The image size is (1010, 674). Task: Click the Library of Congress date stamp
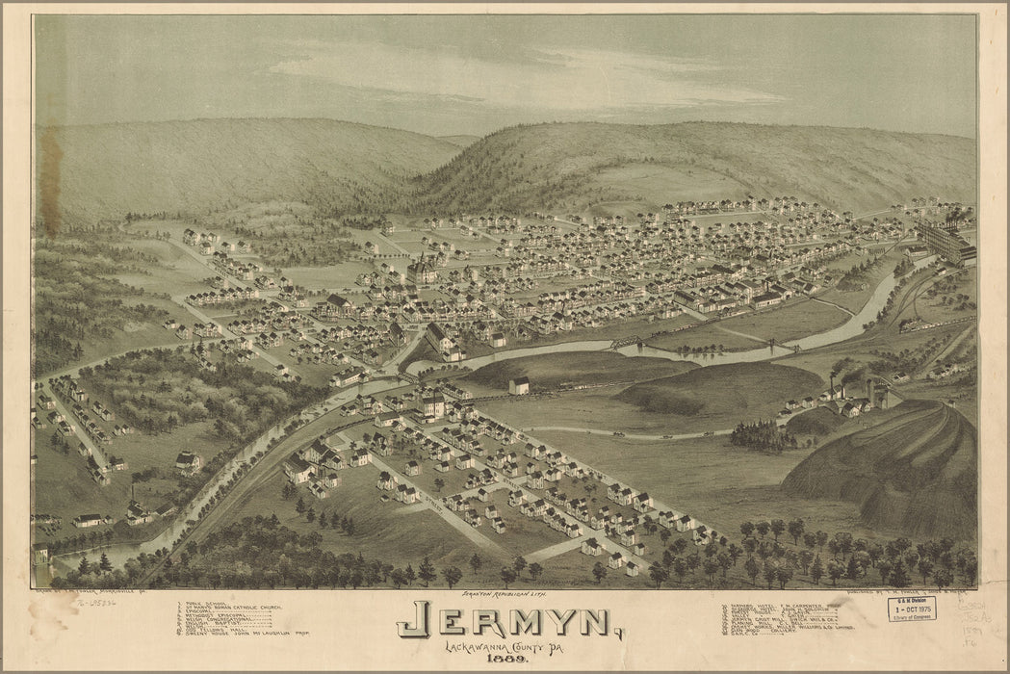click(911, 609)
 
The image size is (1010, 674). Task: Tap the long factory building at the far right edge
click(948, 241)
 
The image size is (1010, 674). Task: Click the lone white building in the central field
click(519, 386)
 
